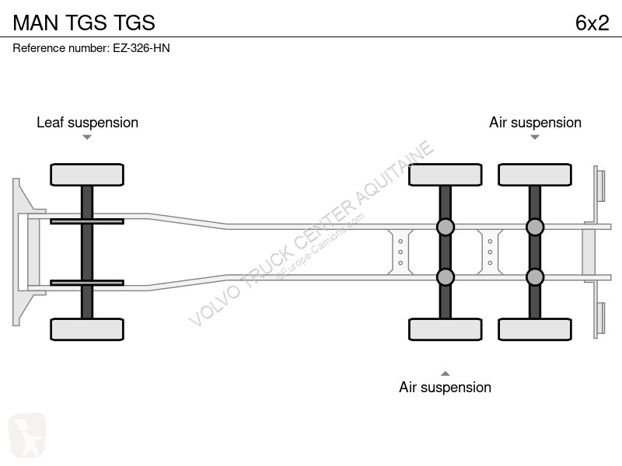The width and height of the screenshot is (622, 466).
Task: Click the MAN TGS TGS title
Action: click(84, 23)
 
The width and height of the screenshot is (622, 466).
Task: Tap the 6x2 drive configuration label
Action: click(592, 23)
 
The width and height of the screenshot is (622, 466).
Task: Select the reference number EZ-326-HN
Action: click(142, 48)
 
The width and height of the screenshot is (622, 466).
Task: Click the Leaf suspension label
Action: click(87, 123)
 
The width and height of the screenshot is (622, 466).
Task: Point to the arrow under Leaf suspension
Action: click(87, 137)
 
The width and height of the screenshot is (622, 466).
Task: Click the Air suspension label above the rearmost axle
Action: click(535, 123)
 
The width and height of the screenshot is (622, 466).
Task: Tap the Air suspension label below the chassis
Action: click(445, 387)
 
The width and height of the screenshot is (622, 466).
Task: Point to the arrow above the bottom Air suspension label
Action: click(445, 374)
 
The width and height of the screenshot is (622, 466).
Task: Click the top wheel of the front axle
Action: click(87, 175)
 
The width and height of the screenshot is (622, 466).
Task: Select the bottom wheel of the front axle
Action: click(87, 329)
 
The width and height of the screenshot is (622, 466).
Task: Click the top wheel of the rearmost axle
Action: click(535, 175)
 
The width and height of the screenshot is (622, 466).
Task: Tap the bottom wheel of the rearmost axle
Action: click(535, 329)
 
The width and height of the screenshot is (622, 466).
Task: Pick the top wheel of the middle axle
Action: click(445, 175)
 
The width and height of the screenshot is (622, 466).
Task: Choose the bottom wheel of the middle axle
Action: click(445, 329)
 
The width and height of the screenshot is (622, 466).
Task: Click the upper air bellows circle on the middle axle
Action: click(445, 227)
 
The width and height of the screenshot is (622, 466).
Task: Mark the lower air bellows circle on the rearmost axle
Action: click(535, 277)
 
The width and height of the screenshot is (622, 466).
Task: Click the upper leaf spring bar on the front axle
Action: click(87, 221)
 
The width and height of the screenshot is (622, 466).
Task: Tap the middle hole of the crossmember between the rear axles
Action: click(490, 252)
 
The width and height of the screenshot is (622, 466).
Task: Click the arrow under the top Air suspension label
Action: click(535, 137)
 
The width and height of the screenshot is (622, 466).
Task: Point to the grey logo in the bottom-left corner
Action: click(27, 435)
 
